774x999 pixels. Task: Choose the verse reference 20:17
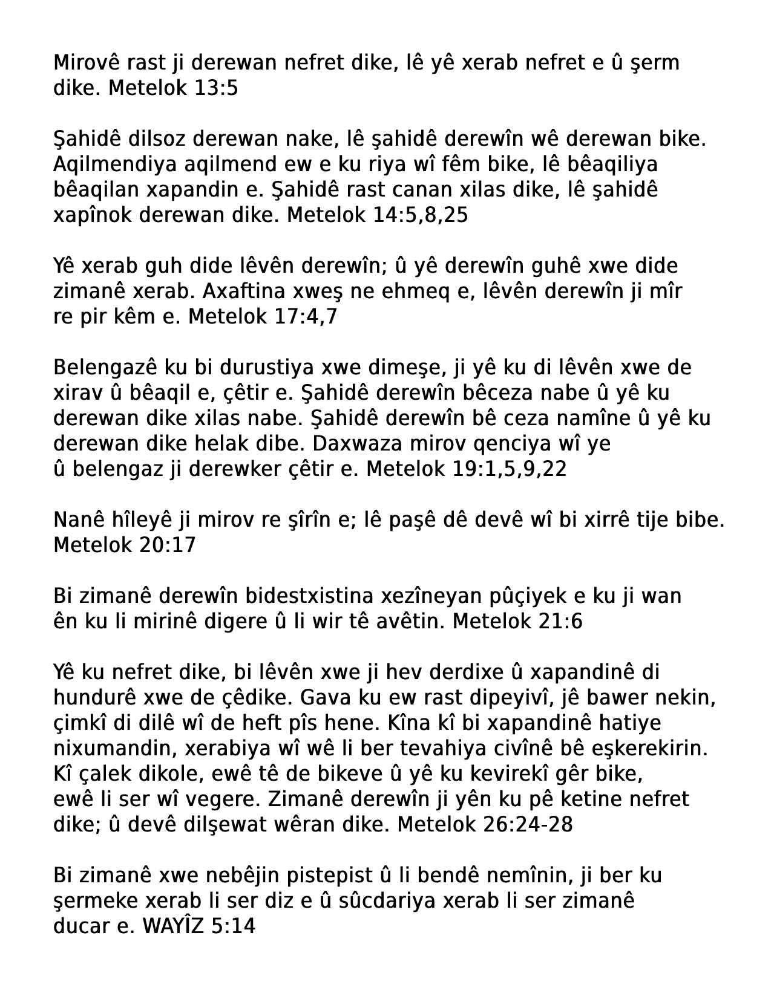tap(167, 545)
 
